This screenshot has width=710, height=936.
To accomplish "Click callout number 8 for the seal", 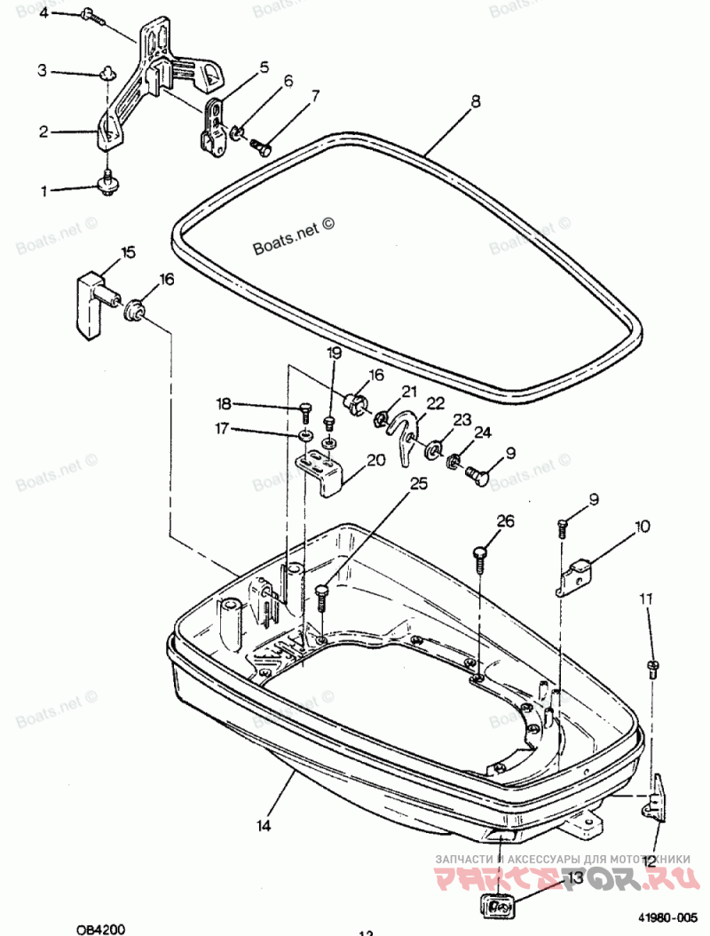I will pyautogui.click(x=476, y=102).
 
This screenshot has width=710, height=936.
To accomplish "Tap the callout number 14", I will pyautogui.click(x=263, y=825).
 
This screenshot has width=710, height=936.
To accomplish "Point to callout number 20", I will pyautogui.click(x=375, y=460).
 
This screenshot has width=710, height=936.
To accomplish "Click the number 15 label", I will pyautogui.click(x=129, y=253).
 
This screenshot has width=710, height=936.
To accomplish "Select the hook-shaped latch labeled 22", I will pyautogui.click(x=406, y=436).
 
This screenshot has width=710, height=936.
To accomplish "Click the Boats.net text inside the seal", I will pyautogui.click(x=293, y=238).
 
